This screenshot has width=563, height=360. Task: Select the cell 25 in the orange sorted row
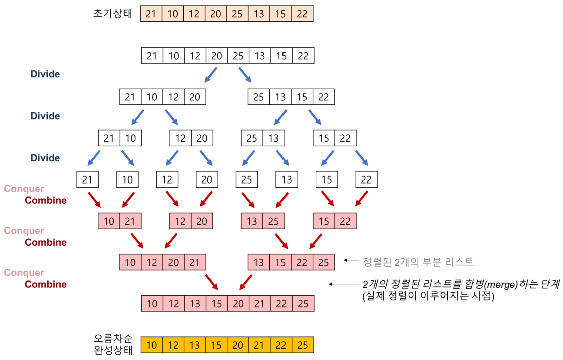[x=303, y=345]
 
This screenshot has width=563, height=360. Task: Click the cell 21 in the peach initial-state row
[x=151, y=14]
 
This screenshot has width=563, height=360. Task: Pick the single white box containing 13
[x=287, y=180]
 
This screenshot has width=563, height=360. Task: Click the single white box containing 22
[x=366, y=180]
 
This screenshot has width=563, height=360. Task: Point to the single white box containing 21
[x=87, y=180]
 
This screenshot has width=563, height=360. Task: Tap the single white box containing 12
[x=167, y=180]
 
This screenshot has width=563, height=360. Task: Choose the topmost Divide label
[x=45, y=74]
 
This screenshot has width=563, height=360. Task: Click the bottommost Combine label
[x=46, y=284]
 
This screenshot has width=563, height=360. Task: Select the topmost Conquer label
[x=24, y=189]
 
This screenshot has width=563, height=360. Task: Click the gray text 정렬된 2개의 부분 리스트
[x=418, y=262]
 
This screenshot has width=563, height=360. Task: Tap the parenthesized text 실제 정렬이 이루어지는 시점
[x=428, y=297]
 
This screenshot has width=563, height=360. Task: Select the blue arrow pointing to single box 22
[x=361, y=158]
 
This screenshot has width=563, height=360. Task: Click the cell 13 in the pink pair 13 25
[x=252, y=221]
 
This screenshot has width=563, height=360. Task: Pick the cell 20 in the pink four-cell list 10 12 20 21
[x=173, y=262]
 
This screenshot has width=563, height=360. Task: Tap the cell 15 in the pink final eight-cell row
[x=216, y=303]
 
